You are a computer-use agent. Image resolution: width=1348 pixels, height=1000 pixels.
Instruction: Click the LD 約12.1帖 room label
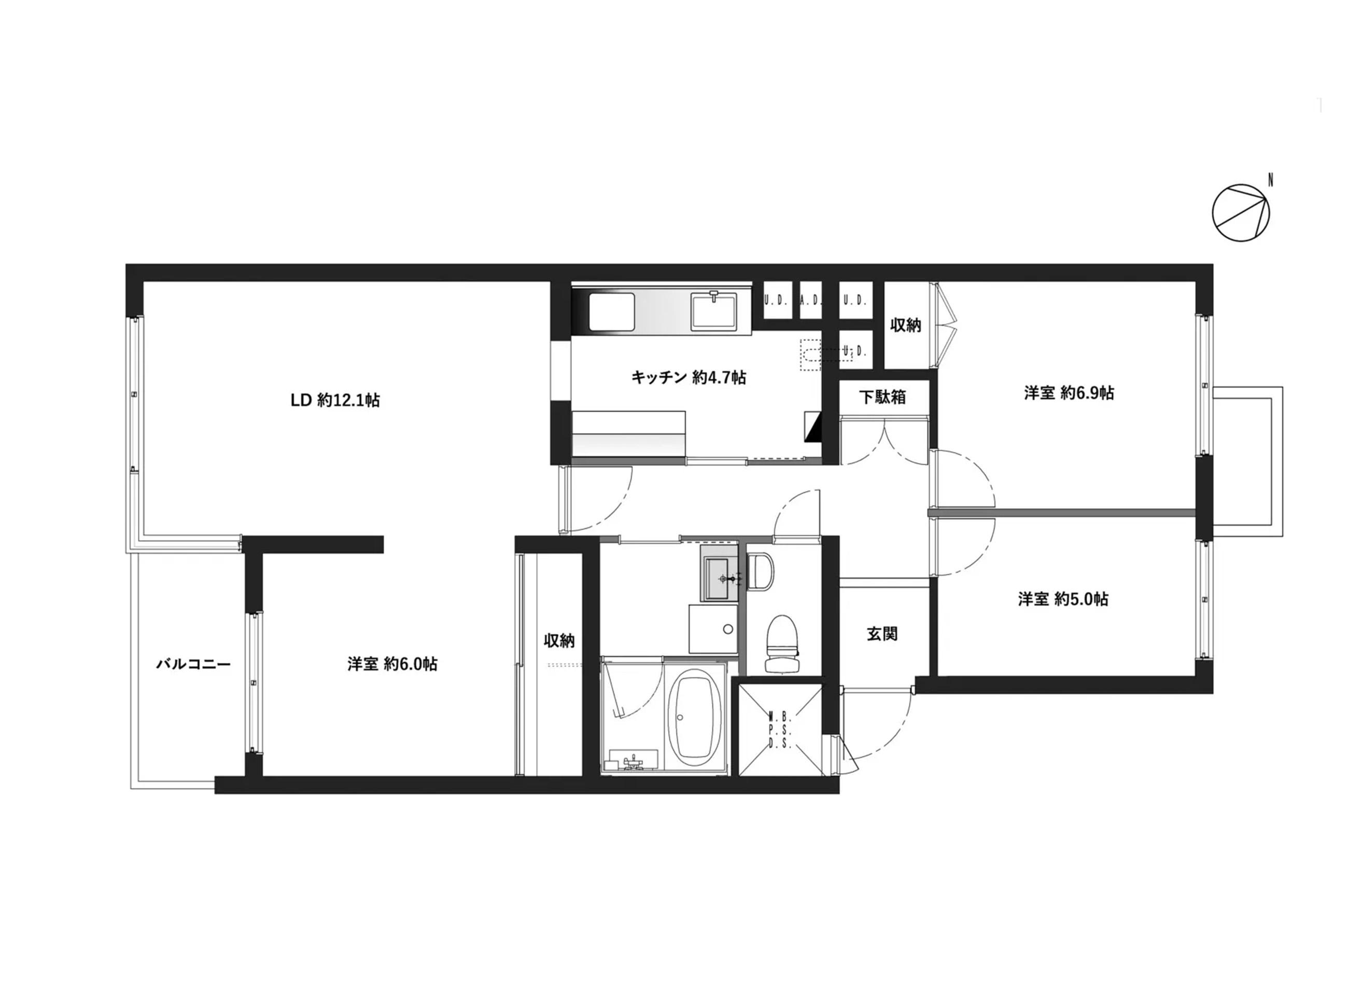pyautogui.click(x=335, y=400)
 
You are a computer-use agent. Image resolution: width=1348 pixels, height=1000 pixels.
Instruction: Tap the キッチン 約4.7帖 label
pyautogui.click(x=689, y=378)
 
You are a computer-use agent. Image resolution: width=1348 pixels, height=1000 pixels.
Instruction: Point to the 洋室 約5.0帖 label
pyautogui.click(x=1063, y=599)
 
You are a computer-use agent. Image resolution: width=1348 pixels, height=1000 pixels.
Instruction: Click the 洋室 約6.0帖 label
pyautogui.click(x=392, y=664)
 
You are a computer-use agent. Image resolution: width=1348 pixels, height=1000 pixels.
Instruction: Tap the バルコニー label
pyautogui.click(x=194, y=664)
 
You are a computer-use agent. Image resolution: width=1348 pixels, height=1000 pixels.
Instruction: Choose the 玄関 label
pyautogui.click(x=882, y=634)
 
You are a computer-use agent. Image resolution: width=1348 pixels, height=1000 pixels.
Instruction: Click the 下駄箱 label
pyautogui.click(x=882, y=397)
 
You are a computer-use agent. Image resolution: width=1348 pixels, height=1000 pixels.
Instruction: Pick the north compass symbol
pyautogui.click(x=1241, y=212)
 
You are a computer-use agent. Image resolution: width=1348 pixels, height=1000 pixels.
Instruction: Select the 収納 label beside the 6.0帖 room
pyautogui.click(x=559, y=640)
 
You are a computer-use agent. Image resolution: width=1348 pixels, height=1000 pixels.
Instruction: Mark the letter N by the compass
pyautogui.click(x=1270, y=180)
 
